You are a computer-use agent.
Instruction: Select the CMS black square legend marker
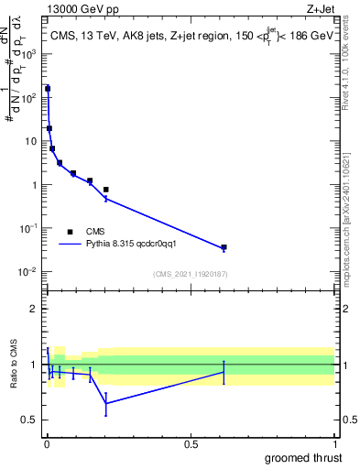(70, 232)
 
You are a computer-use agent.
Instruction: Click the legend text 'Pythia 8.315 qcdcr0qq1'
(136, 245)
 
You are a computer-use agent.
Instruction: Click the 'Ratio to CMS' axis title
(14, 364)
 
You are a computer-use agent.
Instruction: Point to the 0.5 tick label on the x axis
(191, 443)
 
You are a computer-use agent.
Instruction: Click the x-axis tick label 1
(334, 443)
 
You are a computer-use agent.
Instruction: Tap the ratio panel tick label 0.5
(33, 420)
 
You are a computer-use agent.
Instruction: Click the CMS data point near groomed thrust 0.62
(224, 247)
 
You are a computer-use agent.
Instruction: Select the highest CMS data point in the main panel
(48, 89)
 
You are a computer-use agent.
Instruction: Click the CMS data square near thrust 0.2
(106, 190)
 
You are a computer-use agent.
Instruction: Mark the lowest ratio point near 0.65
(106, 403)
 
